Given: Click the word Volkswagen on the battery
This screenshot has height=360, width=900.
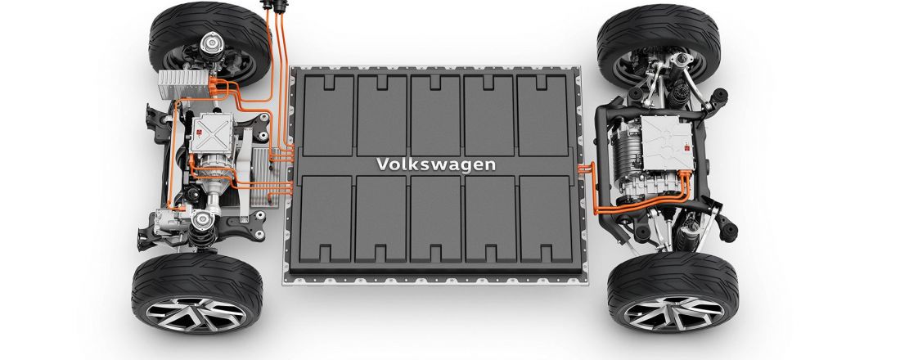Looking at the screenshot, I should (435, 164).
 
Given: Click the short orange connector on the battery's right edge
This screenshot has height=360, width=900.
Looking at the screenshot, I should (585, 169).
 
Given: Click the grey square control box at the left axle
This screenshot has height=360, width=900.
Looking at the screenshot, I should (216, 134).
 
